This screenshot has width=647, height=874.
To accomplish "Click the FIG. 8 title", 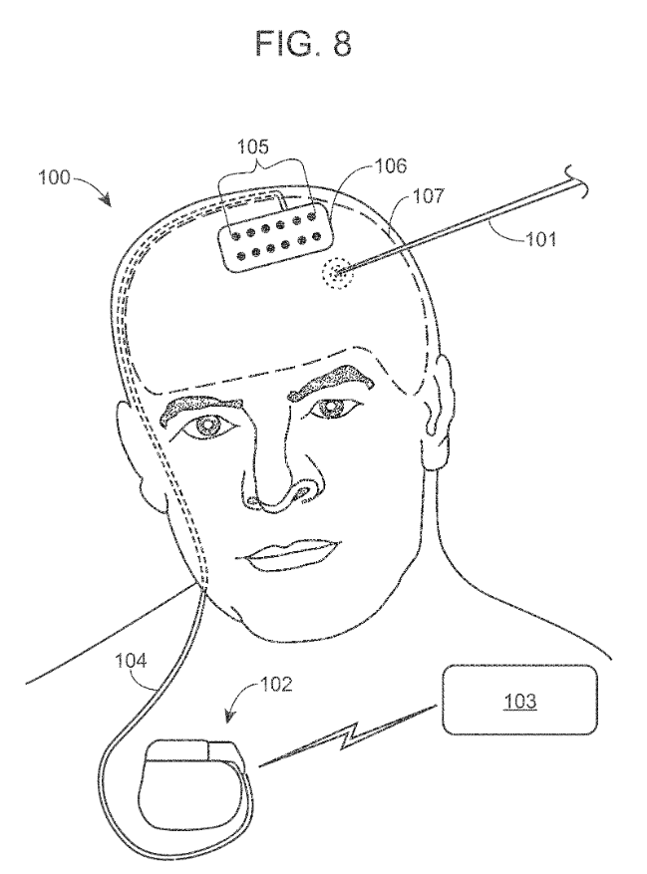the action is [303, 44].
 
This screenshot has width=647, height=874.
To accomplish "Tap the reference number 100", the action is [54, 177].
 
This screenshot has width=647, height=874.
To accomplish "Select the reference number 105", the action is [253, 147].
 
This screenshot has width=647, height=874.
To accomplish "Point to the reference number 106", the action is [391, 165].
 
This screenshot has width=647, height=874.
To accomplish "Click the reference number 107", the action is [429, 195].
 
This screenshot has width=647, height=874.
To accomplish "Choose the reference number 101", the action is [540, 239].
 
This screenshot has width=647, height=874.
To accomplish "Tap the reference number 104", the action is [131, 661].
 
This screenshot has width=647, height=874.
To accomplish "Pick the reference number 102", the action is [276, 684].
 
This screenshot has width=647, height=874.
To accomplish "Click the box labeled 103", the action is [519, 700].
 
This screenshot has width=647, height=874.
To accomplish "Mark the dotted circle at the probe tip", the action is [337, 274].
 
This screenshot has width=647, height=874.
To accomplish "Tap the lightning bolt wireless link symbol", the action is [347, 736].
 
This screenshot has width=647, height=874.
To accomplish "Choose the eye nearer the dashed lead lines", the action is [208, 427].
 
